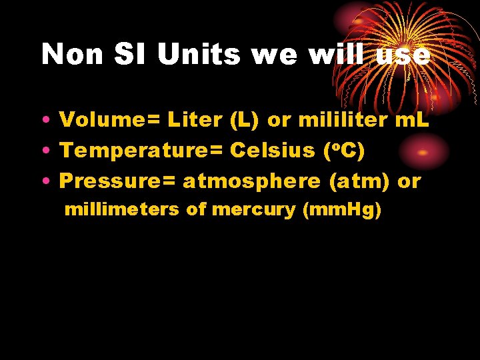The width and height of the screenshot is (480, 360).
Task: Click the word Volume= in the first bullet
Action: (109, 121)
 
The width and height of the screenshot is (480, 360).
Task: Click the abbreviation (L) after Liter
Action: (247, 121)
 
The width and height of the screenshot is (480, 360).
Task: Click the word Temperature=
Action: (141, 151)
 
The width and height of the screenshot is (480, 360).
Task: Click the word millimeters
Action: (122, 210)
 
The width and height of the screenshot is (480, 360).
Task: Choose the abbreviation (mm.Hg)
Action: (342, 211)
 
